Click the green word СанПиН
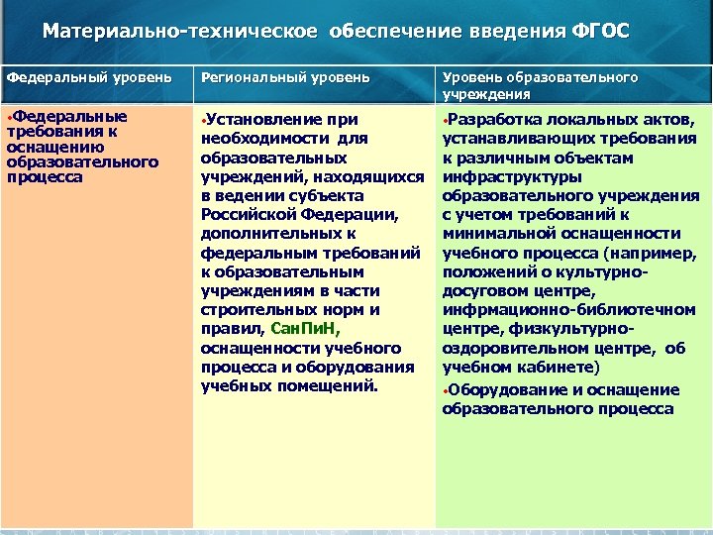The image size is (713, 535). point(303,329)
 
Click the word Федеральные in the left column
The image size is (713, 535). point(71,117)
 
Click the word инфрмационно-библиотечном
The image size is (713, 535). point(549,310)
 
